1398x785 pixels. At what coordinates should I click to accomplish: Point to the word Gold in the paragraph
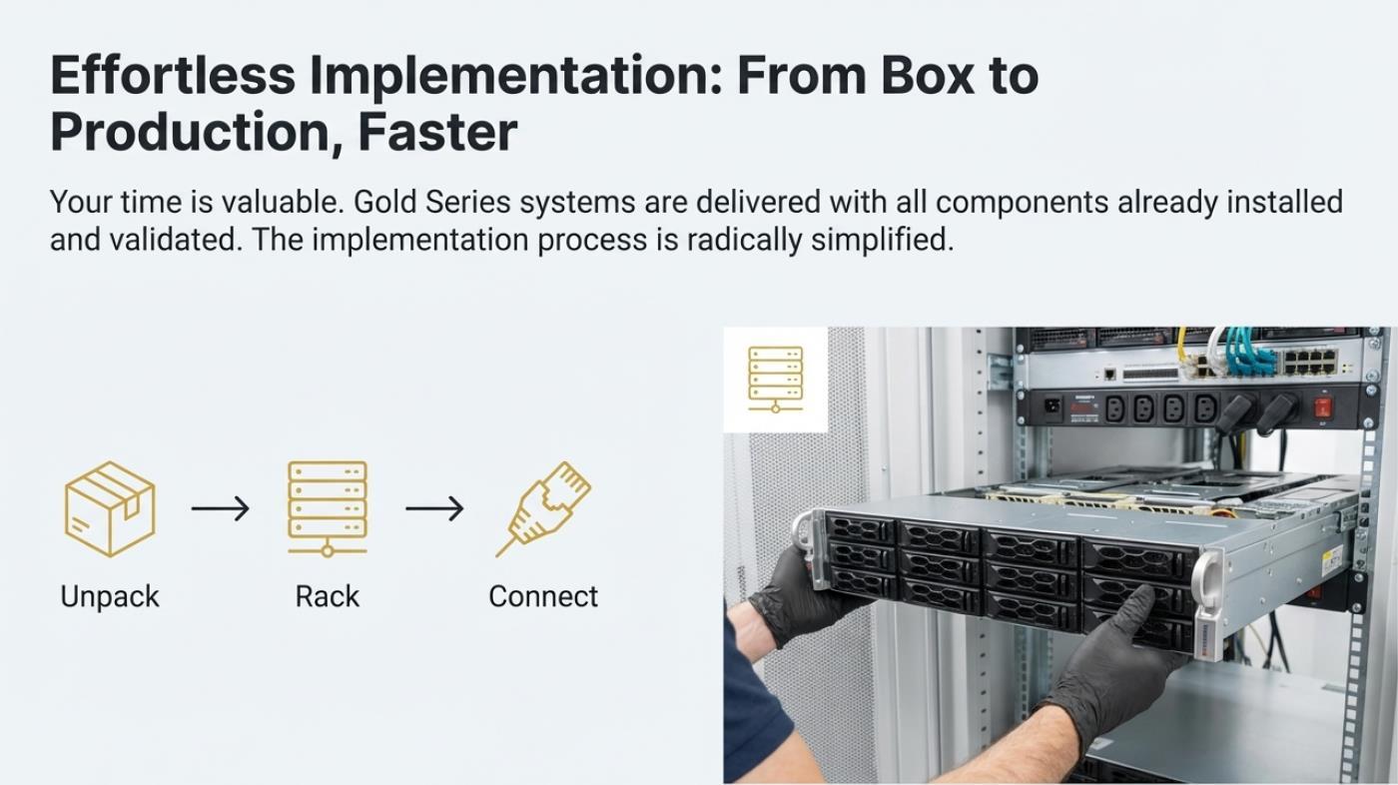(x=385, y=203)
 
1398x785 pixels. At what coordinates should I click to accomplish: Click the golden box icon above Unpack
(x=110, y=508)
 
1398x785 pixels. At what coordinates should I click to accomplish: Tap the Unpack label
(x=110, y=596)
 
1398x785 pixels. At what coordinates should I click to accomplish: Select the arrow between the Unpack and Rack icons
(x=220, y=508)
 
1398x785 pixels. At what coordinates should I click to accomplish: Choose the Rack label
(x=328, y=596)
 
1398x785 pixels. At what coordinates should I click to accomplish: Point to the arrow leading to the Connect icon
(x=434, y=508)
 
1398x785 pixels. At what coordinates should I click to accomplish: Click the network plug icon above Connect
(x=544, y=507)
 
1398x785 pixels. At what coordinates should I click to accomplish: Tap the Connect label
(x=543, y=596)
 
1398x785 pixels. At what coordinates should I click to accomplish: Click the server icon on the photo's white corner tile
(x=775, y=379)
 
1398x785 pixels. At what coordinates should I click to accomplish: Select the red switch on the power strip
(x=1323, y=407)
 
